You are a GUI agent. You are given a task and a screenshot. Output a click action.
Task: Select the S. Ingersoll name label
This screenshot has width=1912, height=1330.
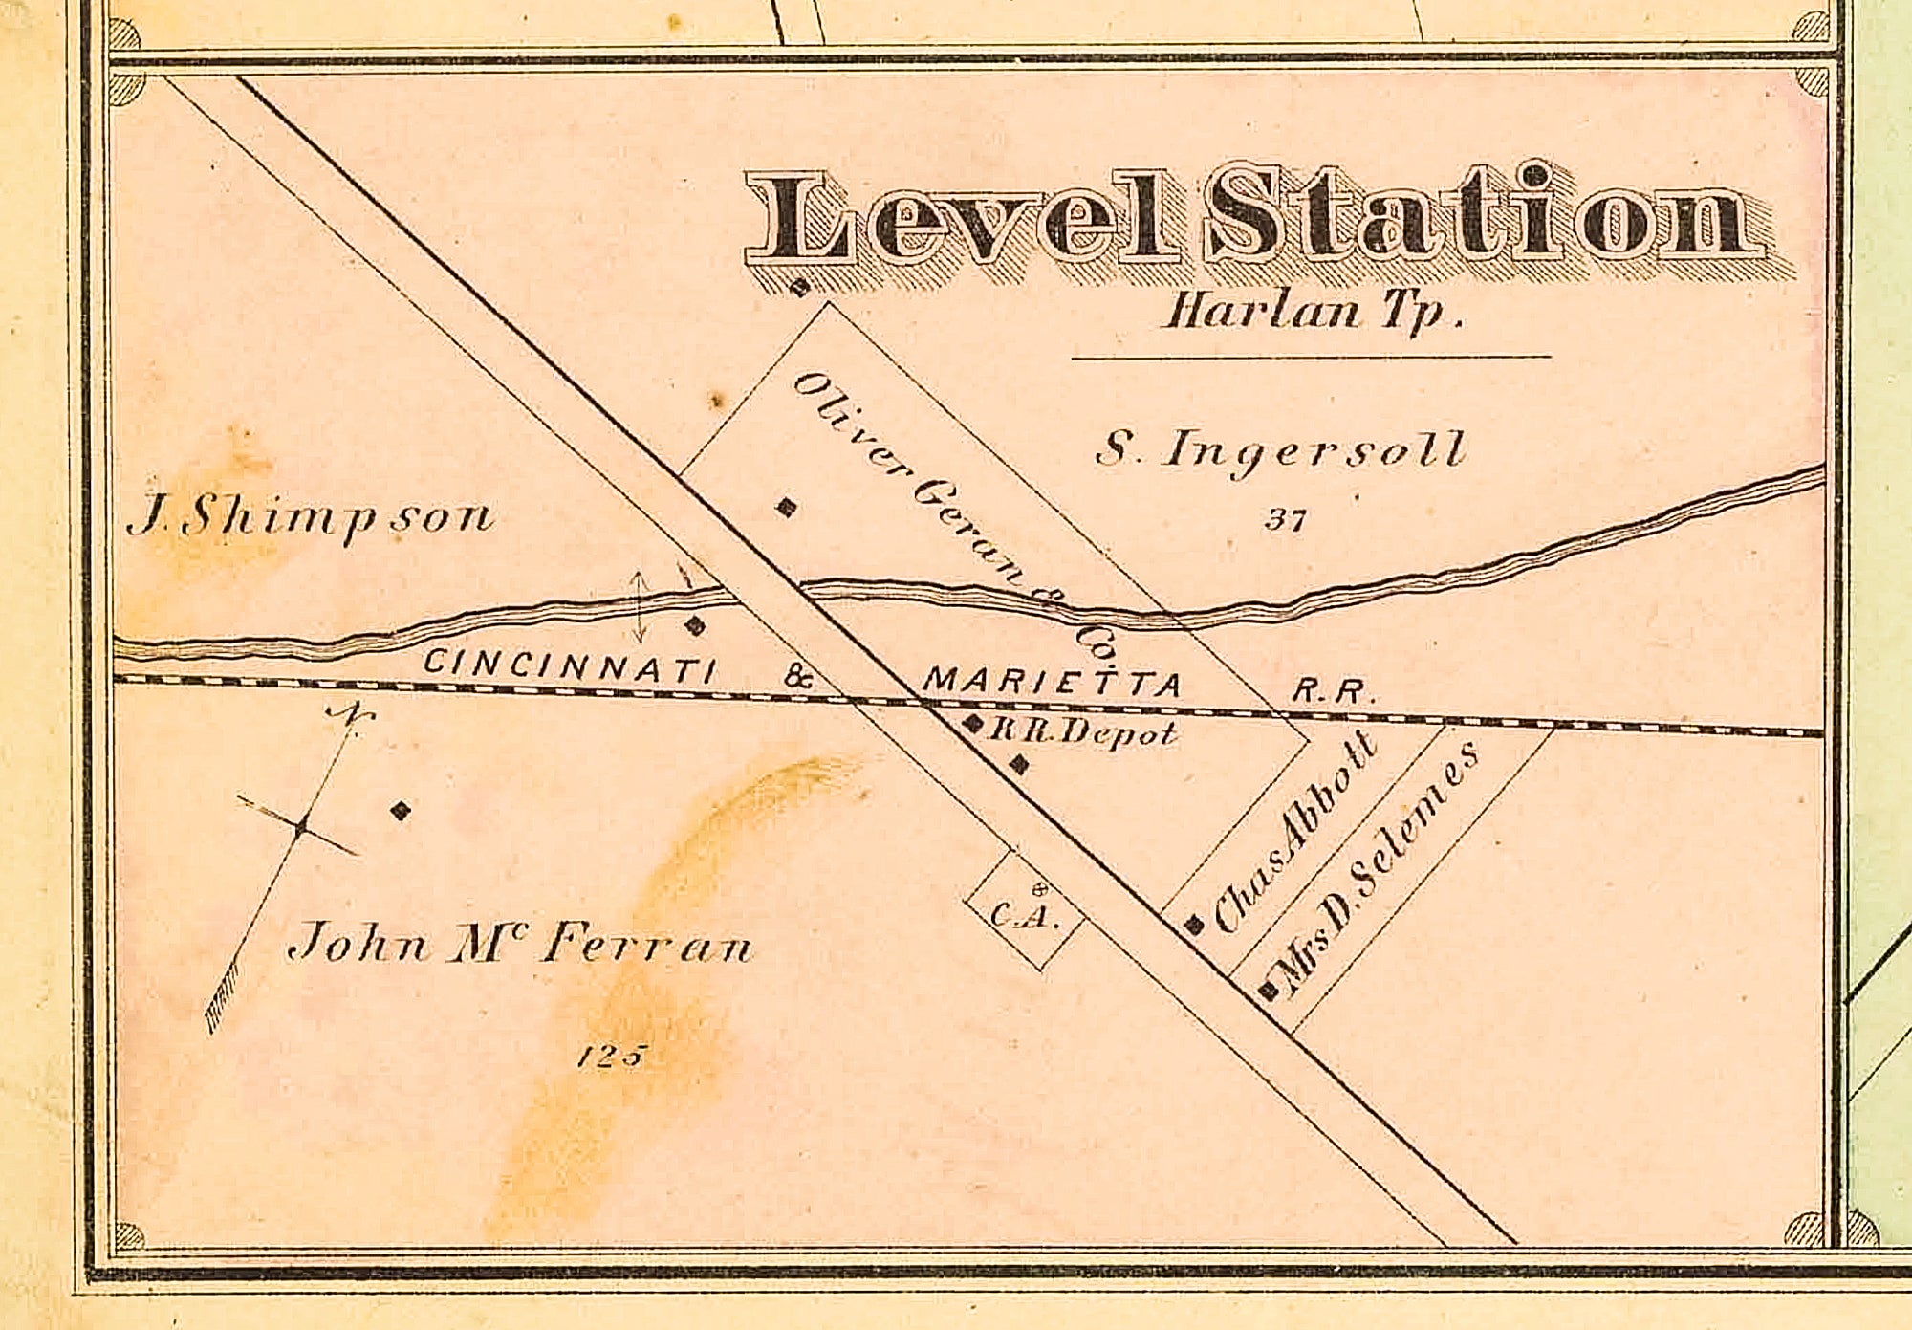tap(1280, 449)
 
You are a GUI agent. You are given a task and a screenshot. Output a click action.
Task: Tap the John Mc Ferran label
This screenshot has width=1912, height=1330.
tap(521, 947)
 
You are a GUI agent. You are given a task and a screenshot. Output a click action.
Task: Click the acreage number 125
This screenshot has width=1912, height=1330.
tap(613, 1057)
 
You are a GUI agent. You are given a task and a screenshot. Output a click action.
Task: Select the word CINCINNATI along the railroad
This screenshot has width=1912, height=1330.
tap(569, 665)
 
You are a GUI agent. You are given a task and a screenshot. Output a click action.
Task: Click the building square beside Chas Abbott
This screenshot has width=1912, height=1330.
tap(1193, 925)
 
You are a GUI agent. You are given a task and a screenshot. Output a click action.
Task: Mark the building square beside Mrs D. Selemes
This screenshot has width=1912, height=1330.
tap(1270, 991)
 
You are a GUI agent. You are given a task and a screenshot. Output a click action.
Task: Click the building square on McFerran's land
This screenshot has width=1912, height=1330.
tap(401, 812)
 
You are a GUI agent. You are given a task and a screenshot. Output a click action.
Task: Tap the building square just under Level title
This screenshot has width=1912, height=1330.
tap(800, 288)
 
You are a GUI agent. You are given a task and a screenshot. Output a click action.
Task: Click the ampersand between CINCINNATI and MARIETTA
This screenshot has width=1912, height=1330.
tap(799, 679)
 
